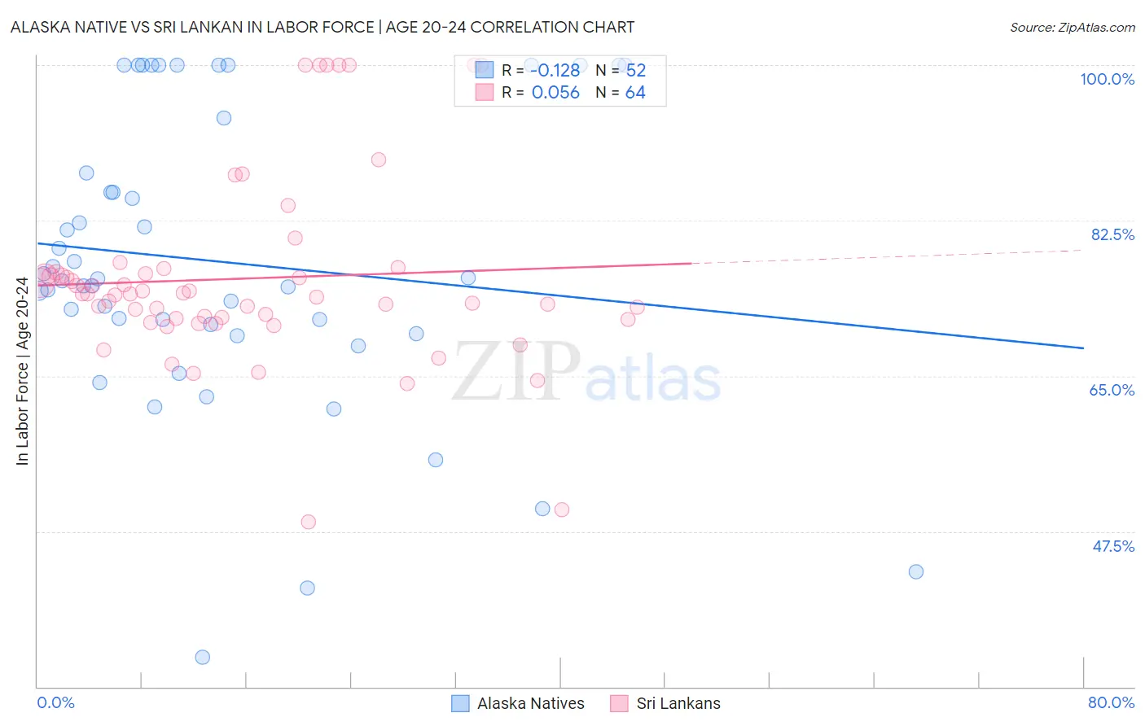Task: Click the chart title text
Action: pyautogui.click(x=322, y=27)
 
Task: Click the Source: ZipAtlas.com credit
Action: pyautogui.click(x=1072, y=27)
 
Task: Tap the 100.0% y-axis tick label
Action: pyautogui.click(x=1107, y=79)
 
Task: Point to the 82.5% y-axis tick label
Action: pyautogui.click(x=1112, y=234)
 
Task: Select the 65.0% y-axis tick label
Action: pyautogui.click(x=1112, y=390)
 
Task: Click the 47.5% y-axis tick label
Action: pyautogui.click(x=1112, y=546)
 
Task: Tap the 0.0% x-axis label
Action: pyautogui.click(x=55, y=702)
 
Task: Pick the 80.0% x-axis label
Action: pyautogui.click(x=1111, y=702)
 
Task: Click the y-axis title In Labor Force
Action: pyautogui.click(x=22, y=371)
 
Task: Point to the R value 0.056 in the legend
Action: pyautogui.click(x=555, y=93)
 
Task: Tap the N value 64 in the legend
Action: pyautogui.click(x=635, y=93)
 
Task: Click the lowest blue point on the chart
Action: pyautogui.click(x=203, y=657)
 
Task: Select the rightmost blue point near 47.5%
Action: pyautogui.click(x=915, y=571)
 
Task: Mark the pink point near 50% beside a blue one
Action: pyautogui.click(x=561, y=510)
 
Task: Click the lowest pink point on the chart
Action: pyautogui.click(x=308, y=522)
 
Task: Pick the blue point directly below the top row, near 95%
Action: pyautogui.click(x=224, y=118)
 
